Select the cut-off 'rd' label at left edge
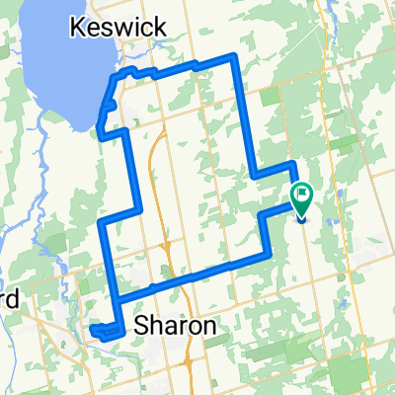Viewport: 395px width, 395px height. coord(9,297)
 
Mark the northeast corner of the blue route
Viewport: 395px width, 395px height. coord(234,55)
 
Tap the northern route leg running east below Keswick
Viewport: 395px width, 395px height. coord(178,68)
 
